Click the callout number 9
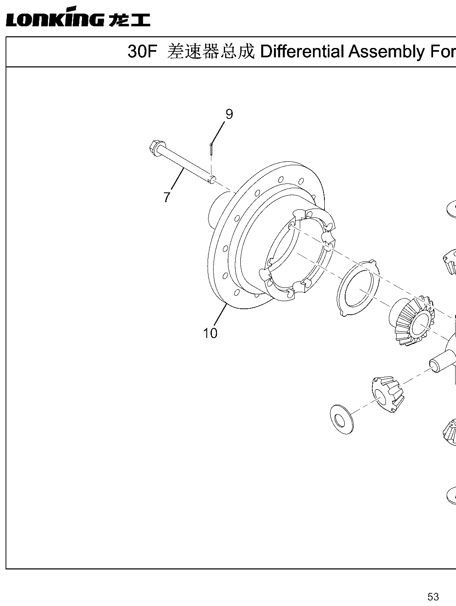[x=229, y=114]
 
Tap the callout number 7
[x=167, y=197]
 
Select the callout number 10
[x=210, y=333]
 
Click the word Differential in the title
[x=302, y=52]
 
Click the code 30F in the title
[x=142, y=52]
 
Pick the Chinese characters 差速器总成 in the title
[x=211, y=52]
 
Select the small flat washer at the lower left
[x=342, y=420]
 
